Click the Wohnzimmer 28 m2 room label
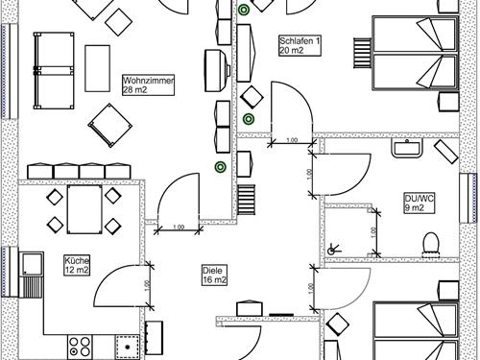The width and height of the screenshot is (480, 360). pyautogui.click(x=149, y=85)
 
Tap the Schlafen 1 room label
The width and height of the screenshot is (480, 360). pyautogui.click(x=300, y=46)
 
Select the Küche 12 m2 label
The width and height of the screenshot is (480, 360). pyautogui.click(x=77, y=265)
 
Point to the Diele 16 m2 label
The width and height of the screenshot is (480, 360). pyautogui.click(x=215, y=275)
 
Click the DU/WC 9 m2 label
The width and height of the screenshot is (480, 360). pyautogui.click(x=420, y=203)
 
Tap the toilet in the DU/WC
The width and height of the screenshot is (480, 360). pyautogui.click(x=431, y=245)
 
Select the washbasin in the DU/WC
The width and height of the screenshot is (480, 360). pyautogui.click(x=407, y=148)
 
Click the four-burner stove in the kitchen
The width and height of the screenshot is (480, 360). pyautogui.click(x=80, y=347)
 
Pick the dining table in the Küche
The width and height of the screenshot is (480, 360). pyautogui.click(x=84, y=209)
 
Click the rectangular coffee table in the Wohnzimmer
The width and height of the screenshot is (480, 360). pyautogui.click(x=97, y=68)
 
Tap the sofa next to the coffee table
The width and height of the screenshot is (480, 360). pyautogui.click(x=54, y=70)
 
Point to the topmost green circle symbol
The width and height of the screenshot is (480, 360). pyautogui.click(x=244, y=10)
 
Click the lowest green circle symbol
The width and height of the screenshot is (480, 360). pyautogui.click(x=220, y=167)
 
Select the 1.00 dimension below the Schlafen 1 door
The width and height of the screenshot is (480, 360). pyautogui.click(x=292, y=141)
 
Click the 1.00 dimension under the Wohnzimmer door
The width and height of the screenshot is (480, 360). pyautogui.click(x=179, y=229)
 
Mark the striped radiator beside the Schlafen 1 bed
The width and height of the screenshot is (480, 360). pyautogui.click(x=363, y=53)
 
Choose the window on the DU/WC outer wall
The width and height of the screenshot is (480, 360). pyautogui.click(x=468, y=198)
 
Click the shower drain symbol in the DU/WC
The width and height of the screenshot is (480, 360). pyautogui.click(x=333, y=250)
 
